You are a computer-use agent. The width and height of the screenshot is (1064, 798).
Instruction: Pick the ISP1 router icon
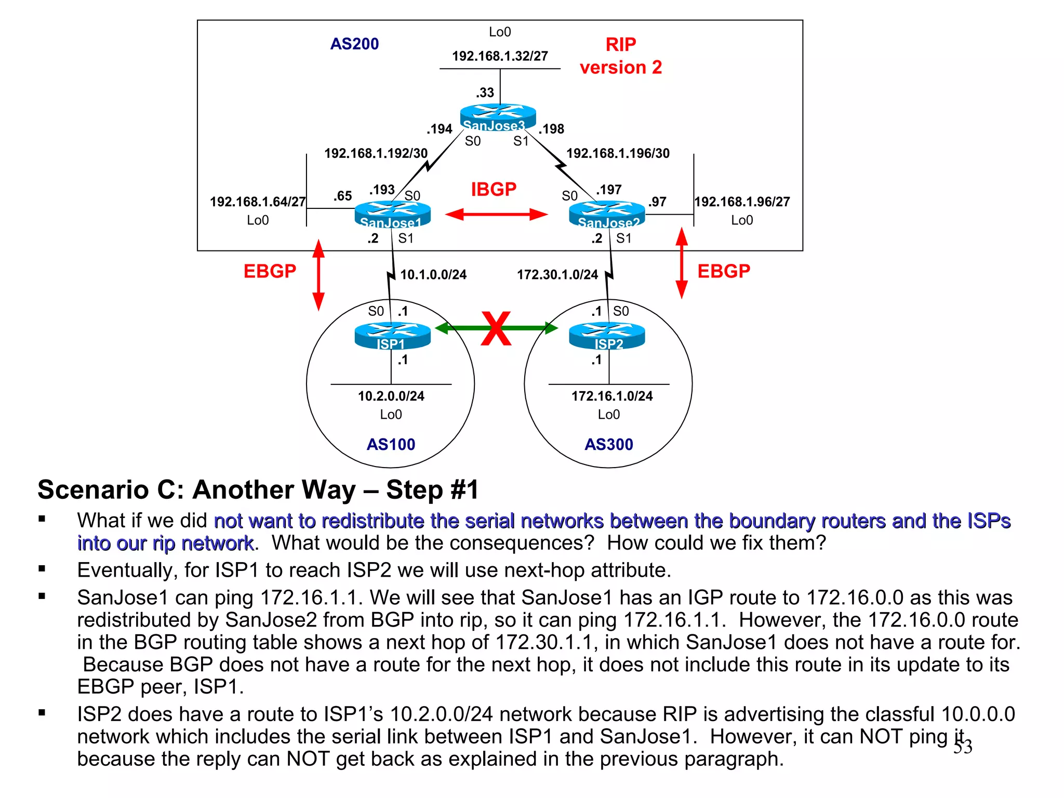[x=392, y=336]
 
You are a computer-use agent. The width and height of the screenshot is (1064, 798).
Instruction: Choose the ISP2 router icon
[x=607, y=336]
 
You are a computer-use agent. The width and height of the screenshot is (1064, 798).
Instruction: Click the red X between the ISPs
[x=496, y=328]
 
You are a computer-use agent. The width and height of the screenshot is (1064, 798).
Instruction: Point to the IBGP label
[x=494, y=190]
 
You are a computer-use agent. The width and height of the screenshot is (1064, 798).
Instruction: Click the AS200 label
[x=354, y=44]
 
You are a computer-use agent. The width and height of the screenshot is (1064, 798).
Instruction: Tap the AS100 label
[x=391, y=445]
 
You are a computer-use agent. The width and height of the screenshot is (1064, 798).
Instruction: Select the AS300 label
[x=608, y=445]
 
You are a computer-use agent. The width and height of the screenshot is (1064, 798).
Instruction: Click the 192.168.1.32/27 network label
[x=500, y=56]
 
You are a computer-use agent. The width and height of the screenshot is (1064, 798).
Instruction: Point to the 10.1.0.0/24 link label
[x=433, y=275]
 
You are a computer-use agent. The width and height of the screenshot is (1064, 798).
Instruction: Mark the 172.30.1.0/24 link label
[x=557, y=275]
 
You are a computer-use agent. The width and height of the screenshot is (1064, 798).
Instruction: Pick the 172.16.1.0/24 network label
[x=612, y=396]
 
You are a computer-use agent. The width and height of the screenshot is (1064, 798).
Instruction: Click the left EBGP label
[x=270, y=271]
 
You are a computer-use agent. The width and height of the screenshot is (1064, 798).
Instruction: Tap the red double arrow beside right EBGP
[x=682, y=263]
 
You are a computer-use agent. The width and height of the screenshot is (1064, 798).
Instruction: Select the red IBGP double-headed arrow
[x=496, y=214]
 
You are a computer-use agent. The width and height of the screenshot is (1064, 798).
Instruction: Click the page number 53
[x=963, y=747]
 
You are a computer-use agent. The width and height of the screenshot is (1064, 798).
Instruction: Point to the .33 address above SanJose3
[x=485, y=93]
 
